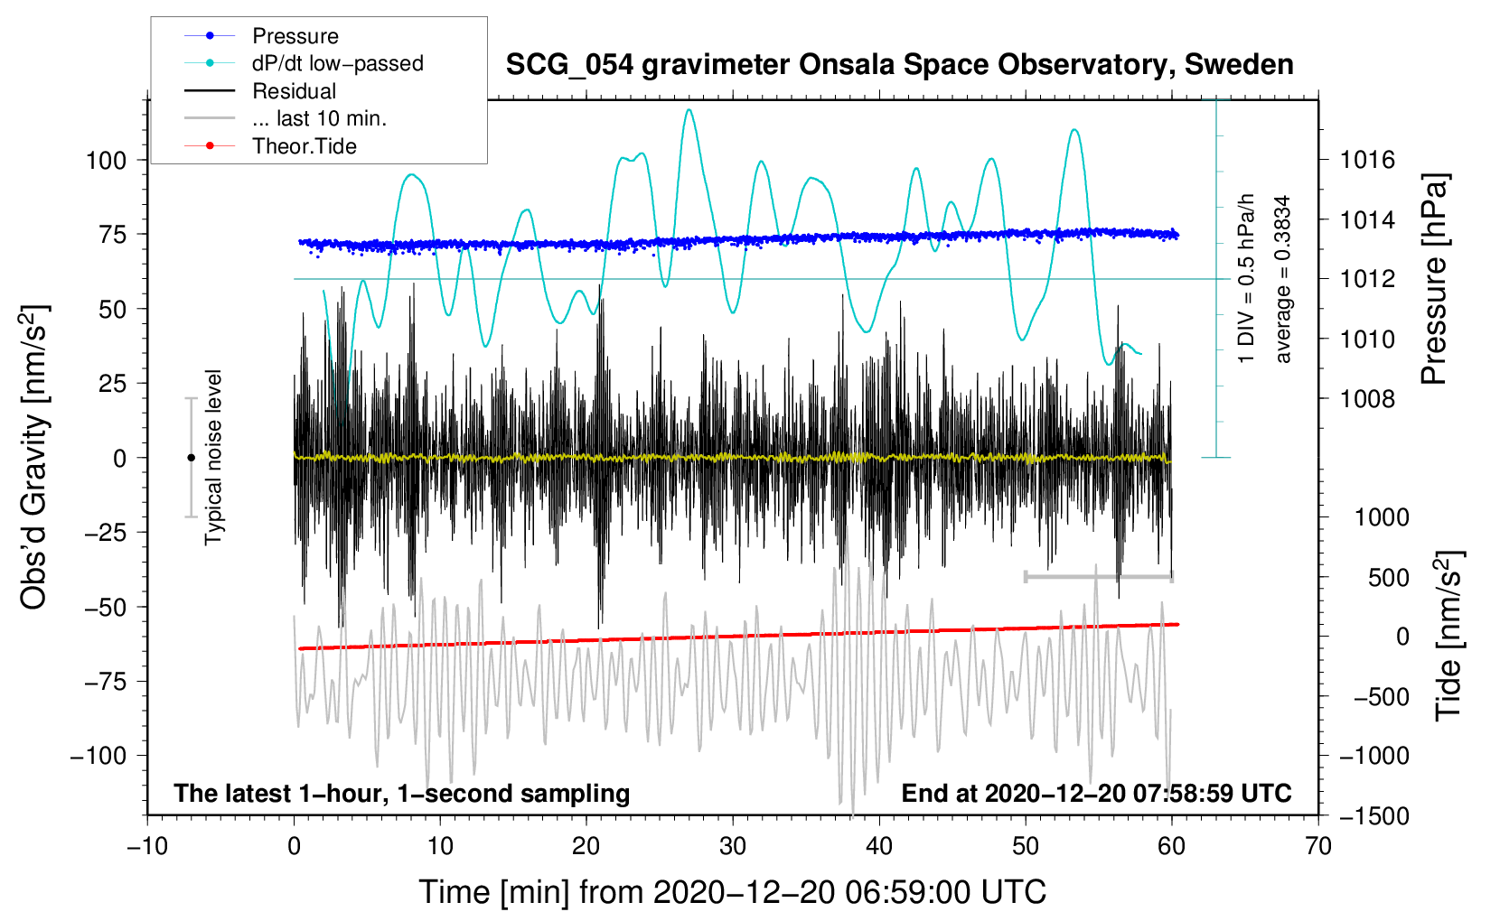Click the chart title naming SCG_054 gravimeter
[899, 65]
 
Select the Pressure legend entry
[295, 36]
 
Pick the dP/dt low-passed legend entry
[337, 63]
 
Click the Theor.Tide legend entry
[304, 146]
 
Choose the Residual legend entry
[294, 91]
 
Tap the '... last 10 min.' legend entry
[319, 118]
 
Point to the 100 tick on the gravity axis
[106, 161]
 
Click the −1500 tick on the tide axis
[1373, 815]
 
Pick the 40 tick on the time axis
[879, 847]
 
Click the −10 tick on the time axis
[147, 847]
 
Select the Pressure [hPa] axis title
[1435, 280]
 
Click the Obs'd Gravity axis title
[33, 457]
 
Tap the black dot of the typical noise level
[191, 458]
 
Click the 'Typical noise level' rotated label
[213, 457]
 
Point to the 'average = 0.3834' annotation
[1283, 280]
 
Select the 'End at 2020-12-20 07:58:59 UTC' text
[1096, 794]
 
